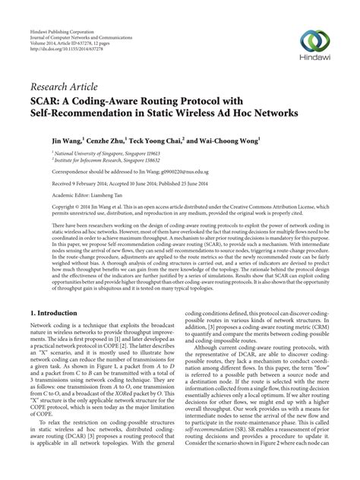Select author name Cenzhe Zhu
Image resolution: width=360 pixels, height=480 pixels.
tap(95, 141)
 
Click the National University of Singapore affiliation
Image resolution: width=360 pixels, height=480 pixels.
tap(90, 153)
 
